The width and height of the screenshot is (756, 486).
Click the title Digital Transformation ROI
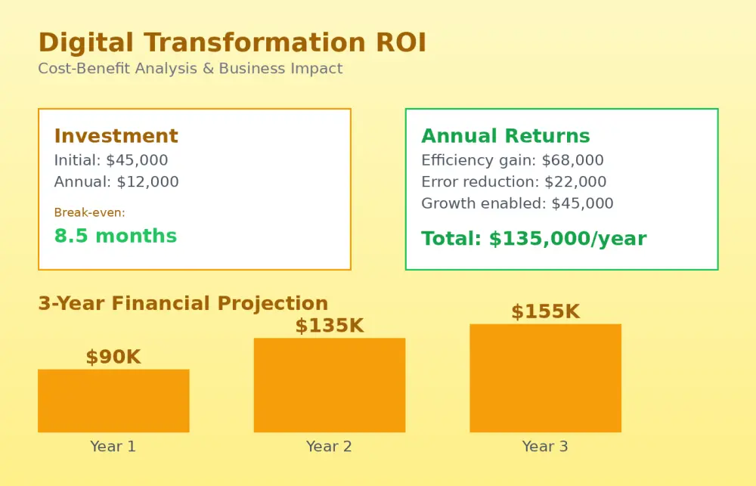[232, 42]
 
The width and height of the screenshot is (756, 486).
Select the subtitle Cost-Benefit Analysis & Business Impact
[191, 69]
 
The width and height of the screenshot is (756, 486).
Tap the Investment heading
[116, 136]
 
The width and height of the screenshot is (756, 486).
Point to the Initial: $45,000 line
[111, 160]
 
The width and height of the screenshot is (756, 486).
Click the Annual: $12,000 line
[116, 181]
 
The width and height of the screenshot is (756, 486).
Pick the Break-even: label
[90, 212]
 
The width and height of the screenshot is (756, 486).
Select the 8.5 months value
[116, 236]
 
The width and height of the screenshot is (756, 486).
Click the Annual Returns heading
[506, 136]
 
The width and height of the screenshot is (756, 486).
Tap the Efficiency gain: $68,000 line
[513, 160]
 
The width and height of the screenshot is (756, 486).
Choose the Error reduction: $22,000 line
[514, 181]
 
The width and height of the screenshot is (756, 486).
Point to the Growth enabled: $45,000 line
[517, 203]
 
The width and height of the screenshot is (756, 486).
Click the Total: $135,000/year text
[534, 239]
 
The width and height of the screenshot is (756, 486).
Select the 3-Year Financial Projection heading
[183, 303]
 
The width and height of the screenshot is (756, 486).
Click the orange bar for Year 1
[114, 401]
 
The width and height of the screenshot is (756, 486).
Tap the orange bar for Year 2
[330, 385]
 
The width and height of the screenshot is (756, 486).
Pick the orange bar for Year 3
[546, 378]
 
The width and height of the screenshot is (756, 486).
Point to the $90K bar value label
[113, 358]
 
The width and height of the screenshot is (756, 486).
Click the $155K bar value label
[546, 312]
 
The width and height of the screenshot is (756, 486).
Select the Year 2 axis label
[330, 447]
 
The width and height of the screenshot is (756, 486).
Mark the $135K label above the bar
[330, 326]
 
